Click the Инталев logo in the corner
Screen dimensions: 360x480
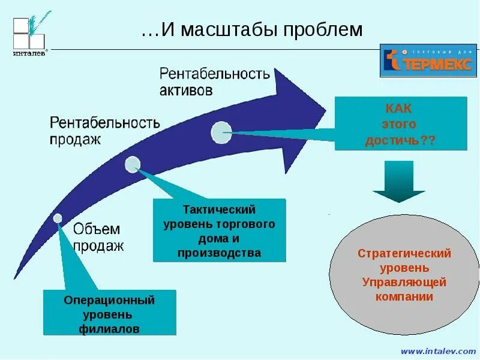click(x=30, y=35)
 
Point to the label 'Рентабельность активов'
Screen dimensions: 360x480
click(x=214, y=82)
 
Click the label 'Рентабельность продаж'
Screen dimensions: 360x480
click(x=104, y=131)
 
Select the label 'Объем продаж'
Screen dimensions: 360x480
click(x=98, y=237)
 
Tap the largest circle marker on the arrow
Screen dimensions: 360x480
click(x=221, y=133)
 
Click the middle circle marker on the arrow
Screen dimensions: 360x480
click(x=133, y=164)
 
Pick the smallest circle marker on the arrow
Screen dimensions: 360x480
click(x=58, y=218)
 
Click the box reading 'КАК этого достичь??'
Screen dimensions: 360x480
click(x=400, y=124)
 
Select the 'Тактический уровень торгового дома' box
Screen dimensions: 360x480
click(x=219, y=231)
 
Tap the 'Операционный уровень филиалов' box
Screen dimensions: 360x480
click(x=109, y=313)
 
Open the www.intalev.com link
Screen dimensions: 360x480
click(x=437, y=351)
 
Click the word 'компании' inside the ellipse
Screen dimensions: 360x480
click(x=404, y=296)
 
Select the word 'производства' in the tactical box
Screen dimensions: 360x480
click(x=219, y=253)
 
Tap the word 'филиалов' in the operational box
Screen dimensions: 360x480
click(x=109, y=329)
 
